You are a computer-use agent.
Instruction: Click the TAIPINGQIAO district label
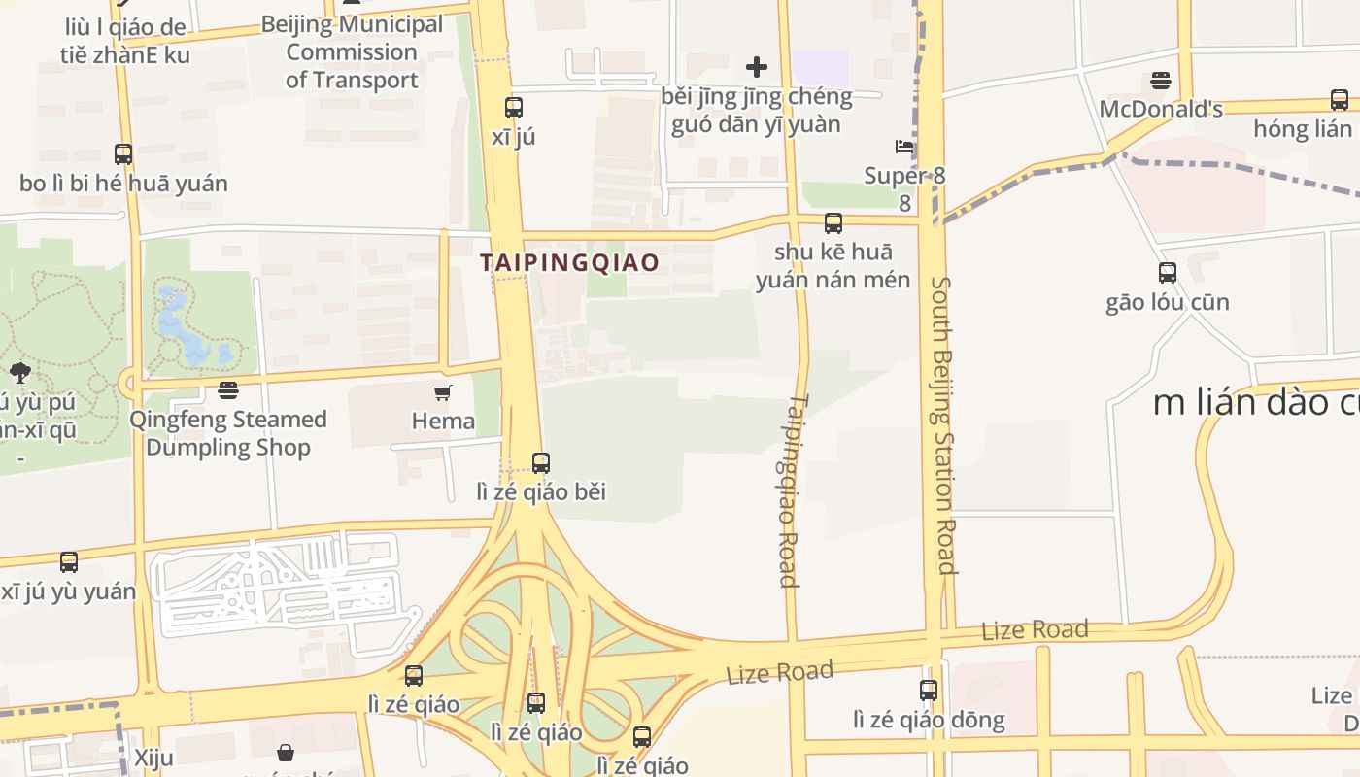[569, 262]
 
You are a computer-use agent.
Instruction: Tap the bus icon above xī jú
[514, 108]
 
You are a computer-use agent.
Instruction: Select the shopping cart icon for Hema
[443, 392]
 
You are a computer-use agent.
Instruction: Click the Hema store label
[443, 421]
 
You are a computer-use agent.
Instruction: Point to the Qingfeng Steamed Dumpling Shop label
[228, 433]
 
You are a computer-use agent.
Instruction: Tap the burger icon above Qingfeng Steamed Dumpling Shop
[228, 390]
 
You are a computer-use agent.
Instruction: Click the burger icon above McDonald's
[1161, 80]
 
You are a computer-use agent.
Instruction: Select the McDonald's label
[1161, 109]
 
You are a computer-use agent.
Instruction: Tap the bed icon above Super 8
[904, 147]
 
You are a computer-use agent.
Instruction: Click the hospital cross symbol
[757, 67]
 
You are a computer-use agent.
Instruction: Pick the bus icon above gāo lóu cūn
[1168, 273]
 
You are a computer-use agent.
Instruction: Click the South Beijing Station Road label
[943, 425]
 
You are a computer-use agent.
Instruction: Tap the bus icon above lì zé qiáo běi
[541, 463]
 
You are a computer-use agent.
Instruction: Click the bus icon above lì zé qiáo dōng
[929, 691]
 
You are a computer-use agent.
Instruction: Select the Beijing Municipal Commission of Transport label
[352, 51]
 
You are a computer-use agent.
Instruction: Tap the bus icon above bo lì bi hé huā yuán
[123, 154]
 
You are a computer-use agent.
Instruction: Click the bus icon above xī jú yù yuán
[69, 562]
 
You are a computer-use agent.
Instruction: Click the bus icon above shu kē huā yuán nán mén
[833, 223]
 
